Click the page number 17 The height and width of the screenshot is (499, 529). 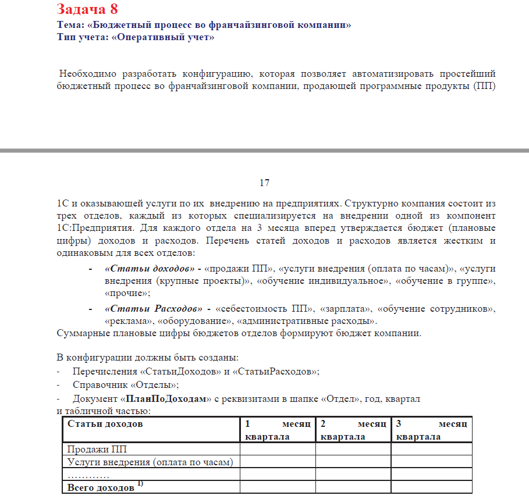pos(264,183)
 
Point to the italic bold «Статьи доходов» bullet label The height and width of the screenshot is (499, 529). pos(149,269)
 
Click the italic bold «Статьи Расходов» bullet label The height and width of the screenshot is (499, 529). pos(153,308)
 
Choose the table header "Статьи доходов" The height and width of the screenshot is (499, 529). pos(105,424)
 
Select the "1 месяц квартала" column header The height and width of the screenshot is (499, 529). pos(278,430)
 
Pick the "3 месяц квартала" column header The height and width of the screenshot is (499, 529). pos(431,430)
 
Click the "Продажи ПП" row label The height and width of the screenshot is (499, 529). pos(97,450)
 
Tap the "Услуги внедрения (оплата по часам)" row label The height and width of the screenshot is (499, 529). pos(150,462)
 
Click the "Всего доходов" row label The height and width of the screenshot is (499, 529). pos(100,488)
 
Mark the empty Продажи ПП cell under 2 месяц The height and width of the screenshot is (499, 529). pos(353,450)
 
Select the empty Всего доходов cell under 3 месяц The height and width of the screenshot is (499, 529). pos(431,487)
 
